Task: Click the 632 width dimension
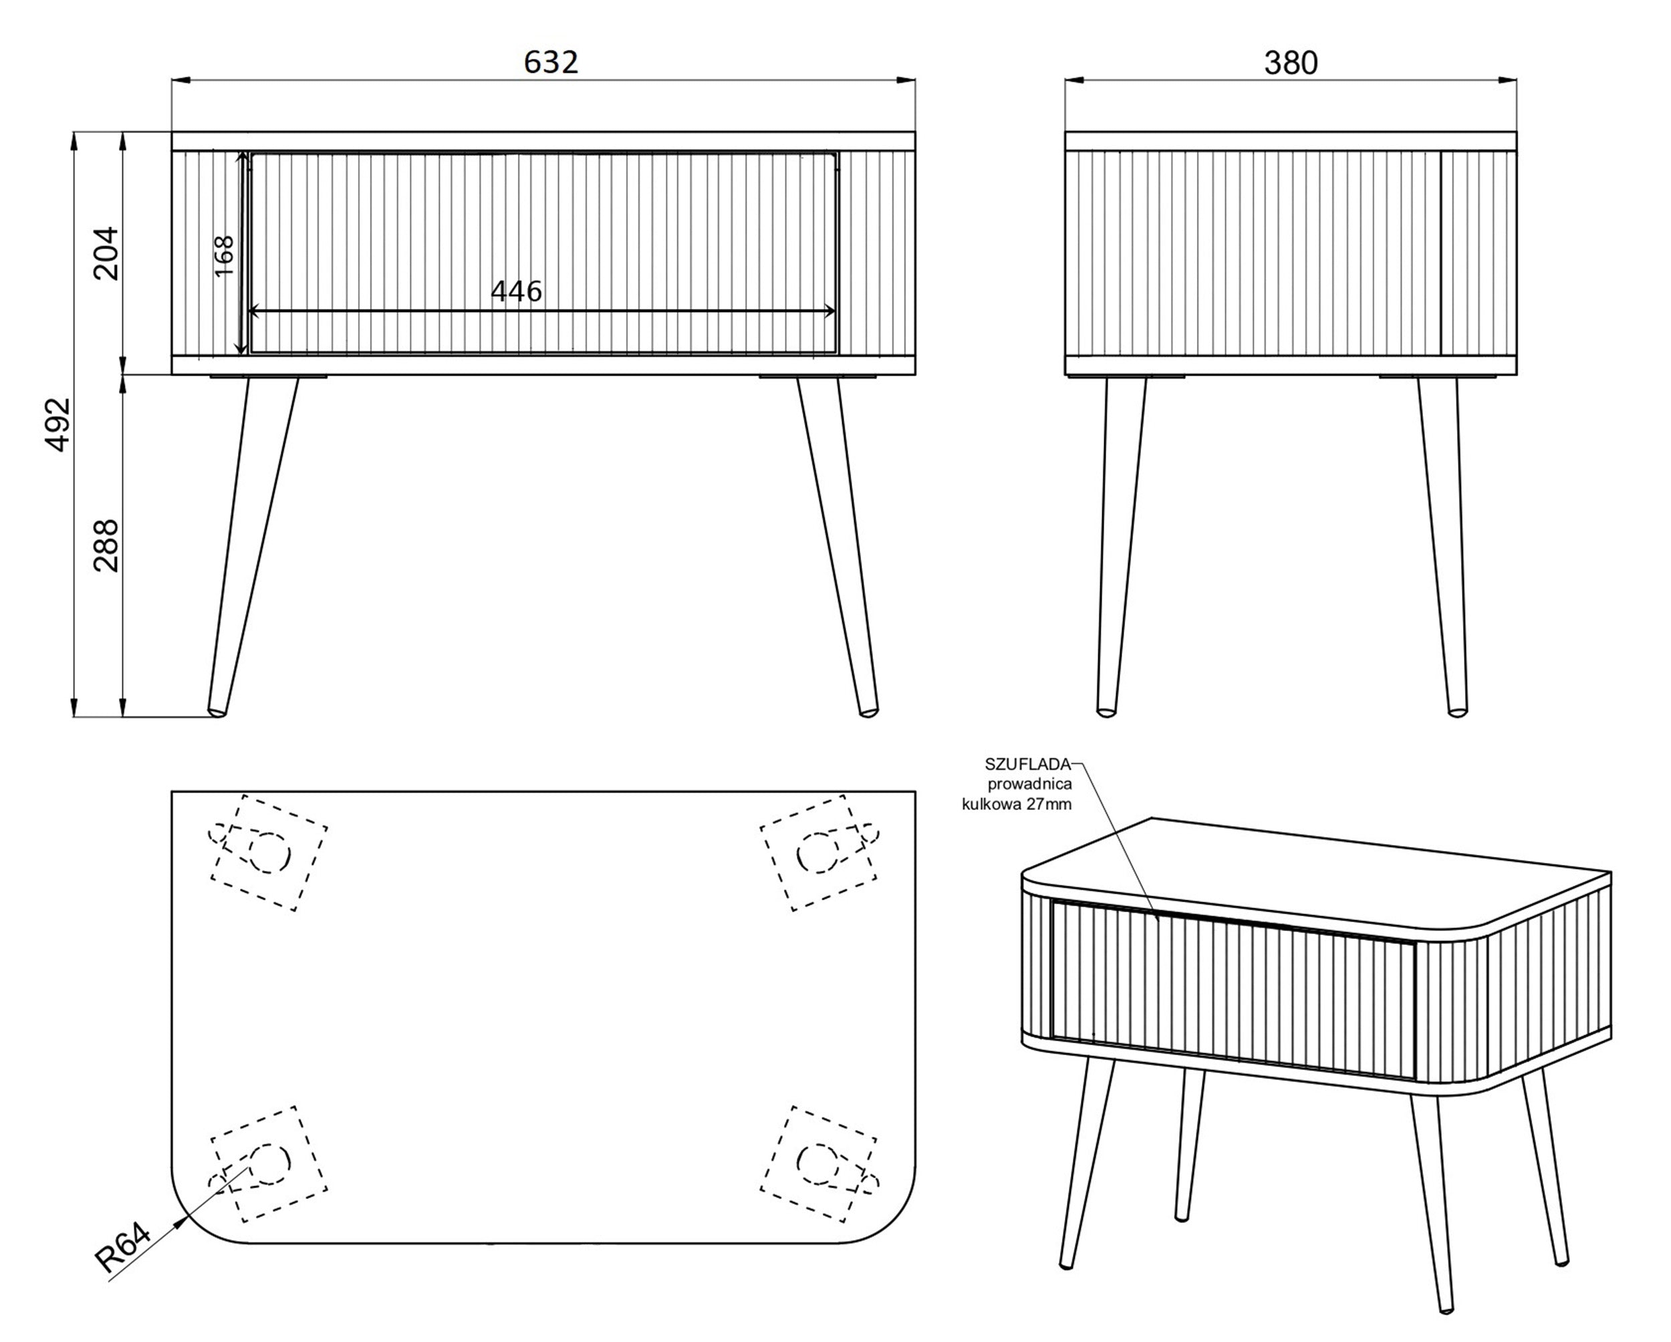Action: point(551,62)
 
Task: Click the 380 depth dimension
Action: point(1291,63)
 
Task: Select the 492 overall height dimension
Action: point(59,424)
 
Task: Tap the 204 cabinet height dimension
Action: point(106,253)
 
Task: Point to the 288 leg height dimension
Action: point(106,545)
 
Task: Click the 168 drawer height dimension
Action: point(223,257)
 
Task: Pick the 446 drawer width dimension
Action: point(516,291)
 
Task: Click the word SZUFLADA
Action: point(1028,764)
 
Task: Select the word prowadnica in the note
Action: point(1029,784)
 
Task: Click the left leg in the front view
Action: point(252,545)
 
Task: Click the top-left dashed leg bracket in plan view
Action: point(268,852)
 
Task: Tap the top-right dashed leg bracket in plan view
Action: point(820,852)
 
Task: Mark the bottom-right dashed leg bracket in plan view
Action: point(820,1164)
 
